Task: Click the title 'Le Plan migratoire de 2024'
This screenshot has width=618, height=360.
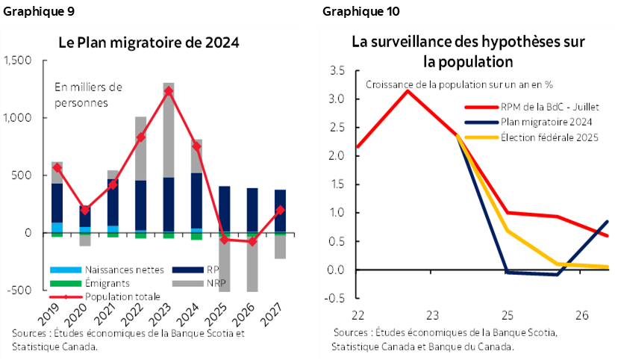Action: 149,42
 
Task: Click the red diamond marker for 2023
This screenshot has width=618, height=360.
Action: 169,91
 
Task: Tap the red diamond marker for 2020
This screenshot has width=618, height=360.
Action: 85,210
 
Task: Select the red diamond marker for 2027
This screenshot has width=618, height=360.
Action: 280,211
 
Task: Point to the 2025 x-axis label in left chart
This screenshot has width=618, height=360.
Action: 220,307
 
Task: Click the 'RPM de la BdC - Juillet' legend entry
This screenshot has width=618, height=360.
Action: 532,107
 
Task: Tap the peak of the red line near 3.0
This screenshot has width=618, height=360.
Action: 406,90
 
